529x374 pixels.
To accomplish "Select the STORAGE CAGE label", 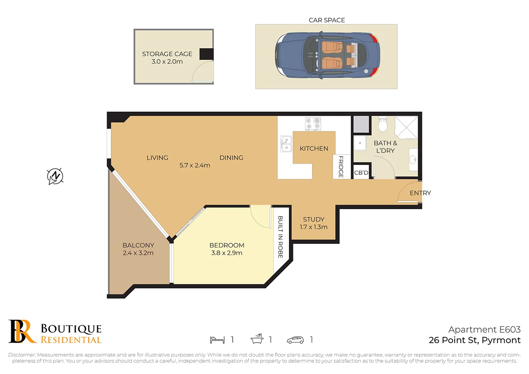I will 167,54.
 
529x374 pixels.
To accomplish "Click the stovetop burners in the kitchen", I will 313,124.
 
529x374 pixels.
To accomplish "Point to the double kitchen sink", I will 286,143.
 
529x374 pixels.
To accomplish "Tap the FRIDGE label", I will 341,167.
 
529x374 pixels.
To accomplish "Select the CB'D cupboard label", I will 361,173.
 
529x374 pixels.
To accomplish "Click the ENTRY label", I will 420,193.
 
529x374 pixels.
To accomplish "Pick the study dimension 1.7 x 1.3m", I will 314,227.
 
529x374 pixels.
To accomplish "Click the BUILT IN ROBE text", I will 280,237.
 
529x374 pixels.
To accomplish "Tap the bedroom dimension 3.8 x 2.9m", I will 226,253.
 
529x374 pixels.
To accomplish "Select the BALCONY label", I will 138,245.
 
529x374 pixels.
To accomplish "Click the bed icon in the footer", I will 217,340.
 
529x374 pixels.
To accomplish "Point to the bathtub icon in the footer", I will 257,339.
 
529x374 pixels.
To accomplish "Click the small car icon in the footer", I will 295,340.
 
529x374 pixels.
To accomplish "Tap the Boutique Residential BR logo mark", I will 22,331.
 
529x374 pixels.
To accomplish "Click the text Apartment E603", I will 484,329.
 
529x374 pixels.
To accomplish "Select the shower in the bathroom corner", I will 406,127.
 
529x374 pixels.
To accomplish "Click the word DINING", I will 231,157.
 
